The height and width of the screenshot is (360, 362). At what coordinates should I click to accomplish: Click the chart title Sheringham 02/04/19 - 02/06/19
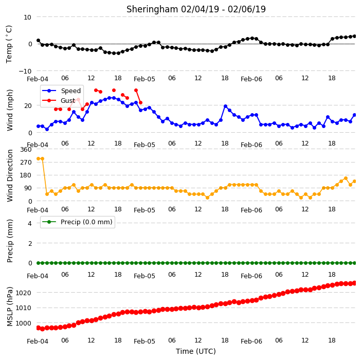point(196,9)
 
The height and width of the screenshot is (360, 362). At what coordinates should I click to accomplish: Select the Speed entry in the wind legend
point(61,91)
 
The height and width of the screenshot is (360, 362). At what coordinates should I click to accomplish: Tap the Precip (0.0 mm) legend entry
point(77,222)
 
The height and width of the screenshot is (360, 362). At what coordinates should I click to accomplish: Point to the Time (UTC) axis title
point(196,351)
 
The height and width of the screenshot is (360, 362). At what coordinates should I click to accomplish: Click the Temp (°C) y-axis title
point(9,44)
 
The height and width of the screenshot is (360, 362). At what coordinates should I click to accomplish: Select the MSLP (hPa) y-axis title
point(9,307)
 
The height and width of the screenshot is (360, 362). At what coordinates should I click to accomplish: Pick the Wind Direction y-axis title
point(10,175)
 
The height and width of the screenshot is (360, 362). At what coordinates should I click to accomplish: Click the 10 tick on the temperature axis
point(27,17)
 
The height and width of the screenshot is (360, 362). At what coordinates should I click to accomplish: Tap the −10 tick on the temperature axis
point(25,71)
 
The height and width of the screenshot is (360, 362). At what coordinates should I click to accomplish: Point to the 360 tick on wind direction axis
point(26,150)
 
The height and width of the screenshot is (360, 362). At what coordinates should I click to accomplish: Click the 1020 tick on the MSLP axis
point(23,293)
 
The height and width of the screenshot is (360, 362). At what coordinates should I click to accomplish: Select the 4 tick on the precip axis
point(30,223)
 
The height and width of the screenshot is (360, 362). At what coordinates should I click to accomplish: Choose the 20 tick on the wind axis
point(28,106)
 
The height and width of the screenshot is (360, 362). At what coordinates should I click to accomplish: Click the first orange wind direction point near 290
point(39,158)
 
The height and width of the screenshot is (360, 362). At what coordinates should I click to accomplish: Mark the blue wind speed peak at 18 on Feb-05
point(226,106)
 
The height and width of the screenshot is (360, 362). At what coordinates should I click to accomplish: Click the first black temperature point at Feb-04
point(39,41)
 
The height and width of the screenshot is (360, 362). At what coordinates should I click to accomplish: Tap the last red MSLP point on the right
point(355,283)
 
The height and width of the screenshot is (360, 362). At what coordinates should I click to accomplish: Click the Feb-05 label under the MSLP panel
point(144,341)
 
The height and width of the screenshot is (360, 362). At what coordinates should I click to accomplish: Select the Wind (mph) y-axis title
point(10,110)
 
